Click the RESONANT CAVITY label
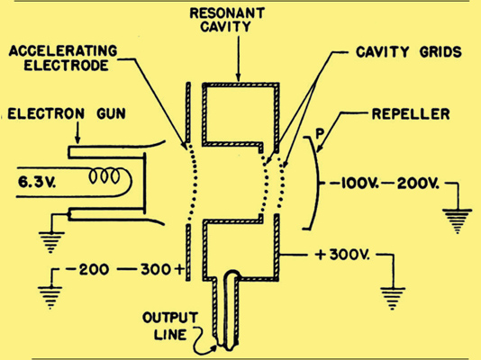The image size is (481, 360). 227,20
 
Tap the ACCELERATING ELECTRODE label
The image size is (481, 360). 63,58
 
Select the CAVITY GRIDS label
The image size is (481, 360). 409,52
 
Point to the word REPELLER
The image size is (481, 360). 411,114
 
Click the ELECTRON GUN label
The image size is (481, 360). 67,113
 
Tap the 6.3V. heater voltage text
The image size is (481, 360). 37,183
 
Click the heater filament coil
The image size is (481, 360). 104,176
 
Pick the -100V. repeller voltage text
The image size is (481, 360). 354,184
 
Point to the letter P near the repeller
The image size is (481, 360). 320,134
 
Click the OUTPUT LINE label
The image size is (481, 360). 170,327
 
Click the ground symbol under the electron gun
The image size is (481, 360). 51,242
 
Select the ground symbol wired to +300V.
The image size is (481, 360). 393,299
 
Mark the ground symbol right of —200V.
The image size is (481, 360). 457,221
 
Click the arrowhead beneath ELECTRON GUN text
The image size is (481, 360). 77,139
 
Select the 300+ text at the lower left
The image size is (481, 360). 162,270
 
